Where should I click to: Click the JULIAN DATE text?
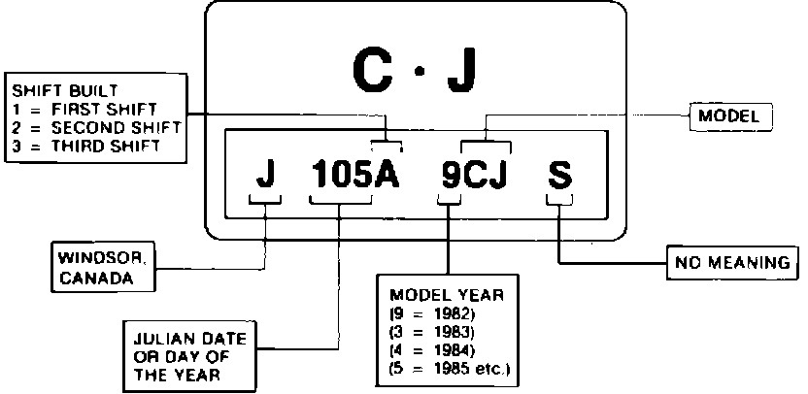click(x=190, y=341)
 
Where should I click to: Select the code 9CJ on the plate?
click(x=475, y=177)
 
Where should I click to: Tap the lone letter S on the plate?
click(x=559, y=177)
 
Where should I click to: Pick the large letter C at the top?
click(x=372, y=71)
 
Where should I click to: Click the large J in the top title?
click(x=461, y=71)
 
